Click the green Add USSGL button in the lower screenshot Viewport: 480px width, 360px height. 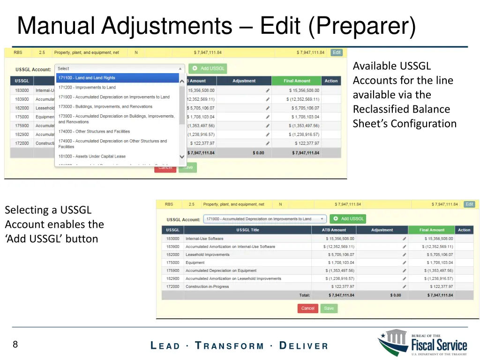[348, 219]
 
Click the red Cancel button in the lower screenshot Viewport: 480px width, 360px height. [307, 308]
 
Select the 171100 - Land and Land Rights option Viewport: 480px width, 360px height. [117, 78]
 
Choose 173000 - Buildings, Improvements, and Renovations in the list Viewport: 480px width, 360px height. [105, 106]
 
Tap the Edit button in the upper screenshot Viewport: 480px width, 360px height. [337, 52]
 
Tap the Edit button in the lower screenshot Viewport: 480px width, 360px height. [469, 204]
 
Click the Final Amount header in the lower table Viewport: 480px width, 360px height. [431, 230]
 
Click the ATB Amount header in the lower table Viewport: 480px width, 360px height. [334, 230]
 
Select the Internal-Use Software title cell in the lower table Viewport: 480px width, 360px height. [204, 239]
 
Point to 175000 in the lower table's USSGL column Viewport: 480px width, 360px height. [172, 262]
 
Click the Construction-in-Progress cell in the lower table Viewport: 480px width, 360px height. [207, 286]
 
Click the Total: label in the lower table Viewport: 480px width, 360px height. [304, 295]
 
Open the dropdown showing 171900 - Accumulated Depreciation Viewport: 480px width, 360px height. [265, 219]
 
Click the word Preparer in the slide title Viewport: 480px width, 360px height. [362, 26]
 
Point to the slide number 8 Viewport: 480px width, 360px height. [15, 345]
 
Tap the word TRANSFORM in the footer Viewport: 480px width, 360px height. [229, 346]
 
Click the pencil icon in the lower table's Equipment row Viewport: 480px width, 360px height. [405, 262]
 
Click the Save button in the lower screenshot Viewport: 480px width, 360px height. [329, 308]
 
